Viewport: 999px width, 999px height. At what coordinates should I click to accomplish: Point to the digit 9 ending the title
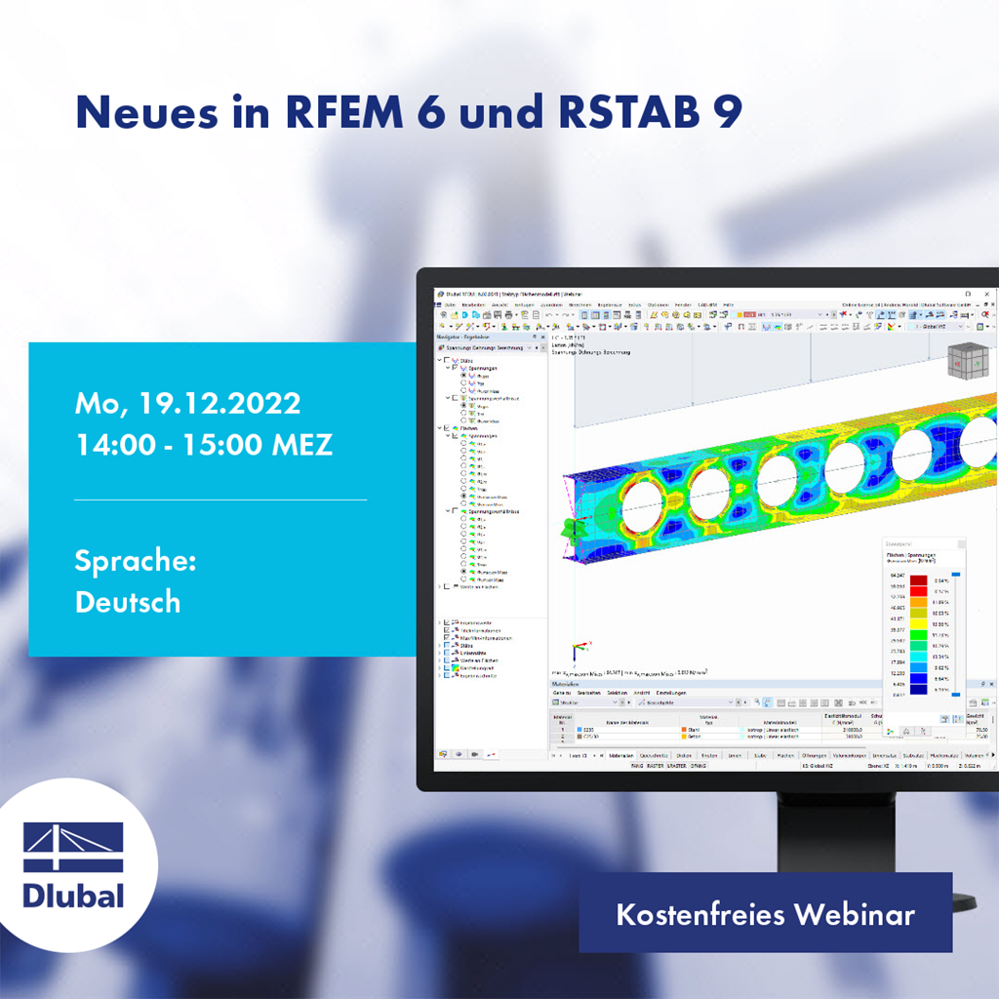(729, 112)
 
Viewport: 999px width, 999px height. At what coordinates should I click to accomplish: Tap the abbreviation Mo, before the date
(99, 403)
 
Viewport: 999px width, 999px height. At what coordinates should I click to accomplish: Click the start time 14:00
(115, 445)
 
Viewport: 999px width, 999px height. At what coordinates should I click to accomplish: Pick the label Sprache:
(136, 562)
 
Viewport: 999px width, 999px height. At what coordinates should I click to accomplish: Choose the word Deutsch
(128, 601)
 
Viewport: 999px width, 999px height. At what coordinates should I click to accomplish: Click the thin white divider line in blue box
(220, 499)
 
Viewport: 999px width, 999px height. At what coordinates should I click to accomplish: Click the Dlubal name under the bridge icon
(73, 894)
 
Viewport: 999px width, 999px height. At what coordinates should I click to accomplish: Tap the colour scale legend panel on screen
(923, 634)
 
